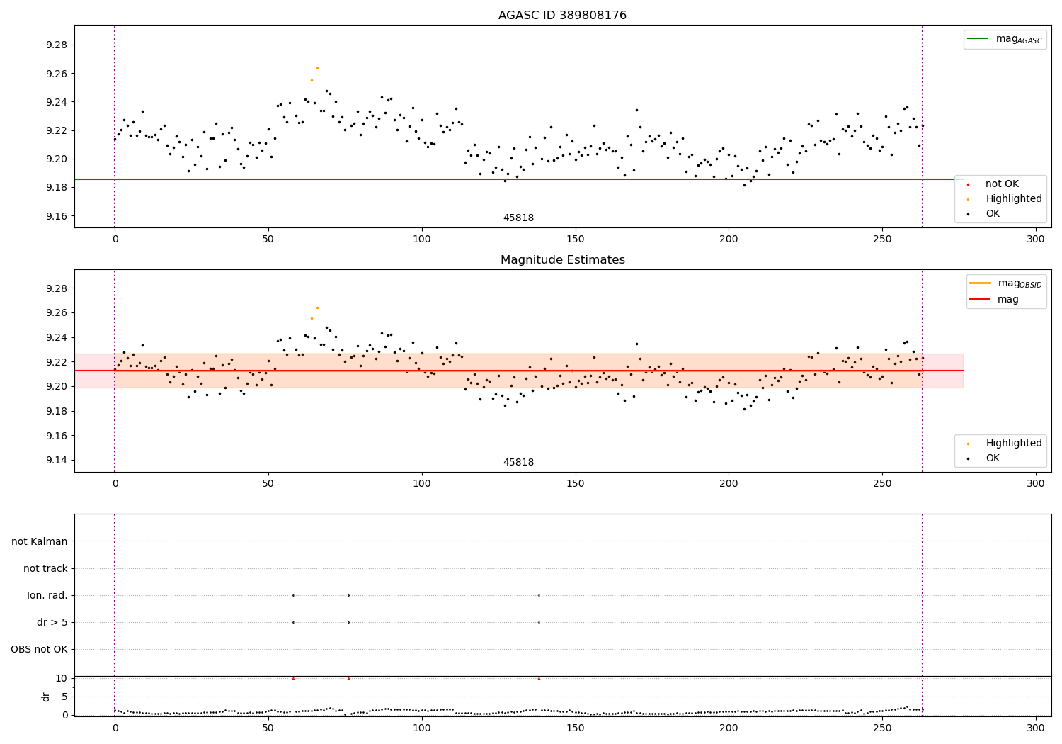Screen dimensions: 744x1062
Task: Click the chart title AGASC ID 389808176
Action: click(562, 16)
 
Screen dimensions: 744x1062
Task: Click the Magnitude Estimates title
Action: click(562, 260)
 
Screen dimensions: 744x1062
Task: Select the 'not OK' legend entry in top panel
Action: click(1002, 184)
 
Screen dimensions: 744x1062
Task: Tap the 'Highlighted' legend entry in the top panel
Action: click(1013, 199)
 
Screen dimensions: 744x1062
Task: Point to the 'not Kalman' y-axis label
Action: click(39, 541)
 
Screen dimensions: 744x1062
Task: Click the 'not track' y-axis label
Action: click(45, 568)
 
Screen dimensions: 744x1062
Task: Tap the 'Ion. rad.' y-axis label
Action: click(47, 595)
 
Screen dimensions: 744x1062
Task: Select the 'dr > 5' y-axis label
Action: click(52, 622)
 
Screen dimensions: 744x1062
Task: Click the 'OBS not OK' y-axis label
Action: click(39, 649)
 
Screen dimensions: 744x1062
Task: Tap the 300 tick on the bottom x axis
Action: click(1036, 728)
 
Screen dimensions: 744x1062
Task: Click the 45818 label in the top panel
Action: click(518, 218)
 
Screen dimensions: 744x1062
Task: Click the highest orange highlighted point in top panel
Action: click(317, 68)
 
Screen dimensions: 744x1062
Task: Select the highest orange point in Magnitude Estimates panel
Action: click(317, 308)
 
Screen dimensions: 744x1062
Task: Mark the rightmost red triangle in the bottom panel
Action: click(539, 678)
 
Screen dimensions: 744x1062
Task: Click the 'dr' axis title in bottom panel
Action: click(46, 697)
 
